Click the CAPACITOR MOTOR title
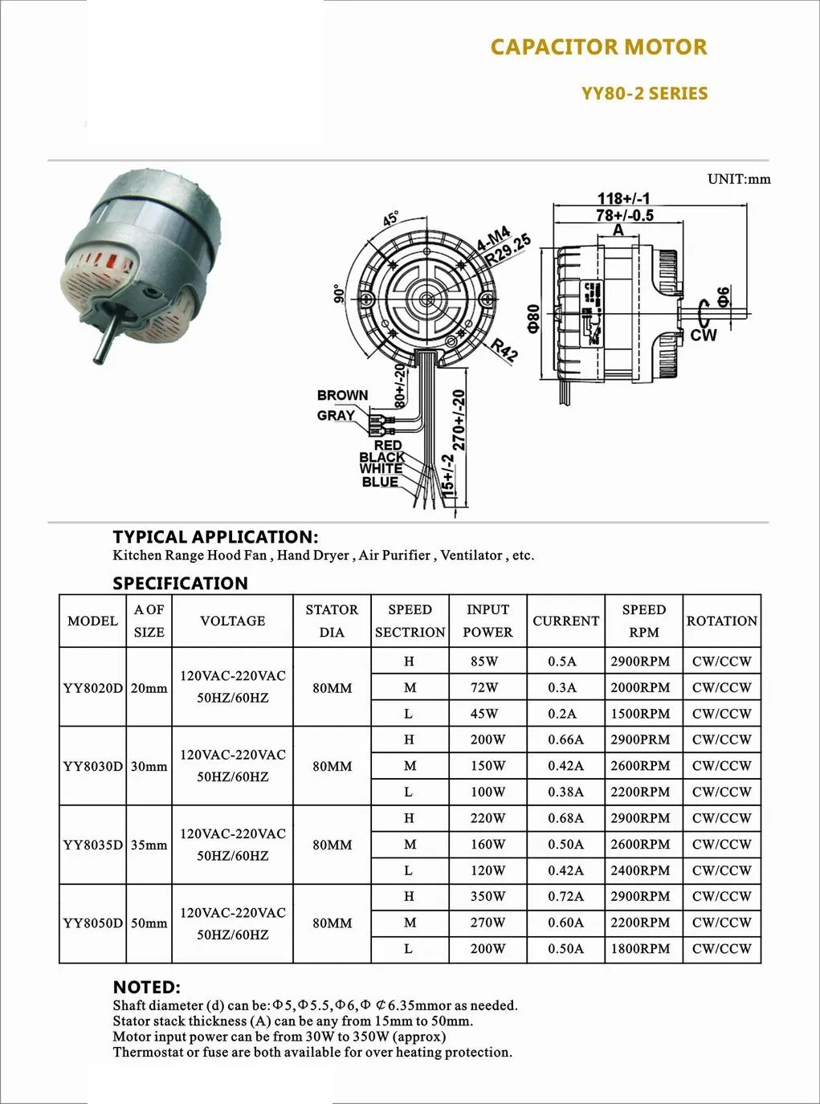(x=598, y=47)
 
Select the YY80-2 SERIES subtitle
(x=644, y=94)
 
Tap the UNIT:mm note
(x=738, y=179)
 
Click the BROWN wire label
(x=342, y=395)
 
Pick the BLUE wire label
(x=380, y=482)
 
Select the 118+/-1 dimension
(x=623, y=199)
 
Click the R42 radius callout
(x=504, y=351)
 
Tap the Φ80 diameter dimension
(x=535, y=319)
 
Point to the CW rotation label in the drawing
(x=704, y=335)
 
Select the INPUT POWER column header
(x=488, y=621)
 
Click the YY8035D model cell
(x=92, y=845)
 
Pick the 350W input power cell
(x=488, y=896)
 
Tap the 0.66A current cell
(x=565, y=739)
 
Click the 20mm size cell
(x=149, y=688)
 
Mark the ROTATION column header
(x=721, y=621)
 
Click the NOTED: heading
(x=146, y=987)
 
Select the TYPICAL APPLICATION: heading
(x=215, y=536)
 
